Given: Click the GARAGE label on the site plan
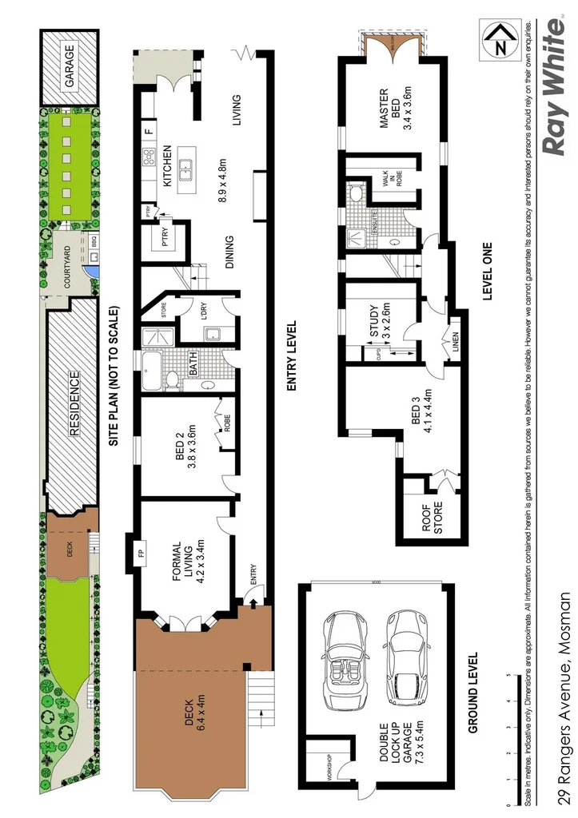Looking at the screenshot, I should pyautogui.click(x=70, y=67).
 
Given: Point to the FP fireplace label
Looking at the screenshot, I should pyautogui.click(x=141, y=552).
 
